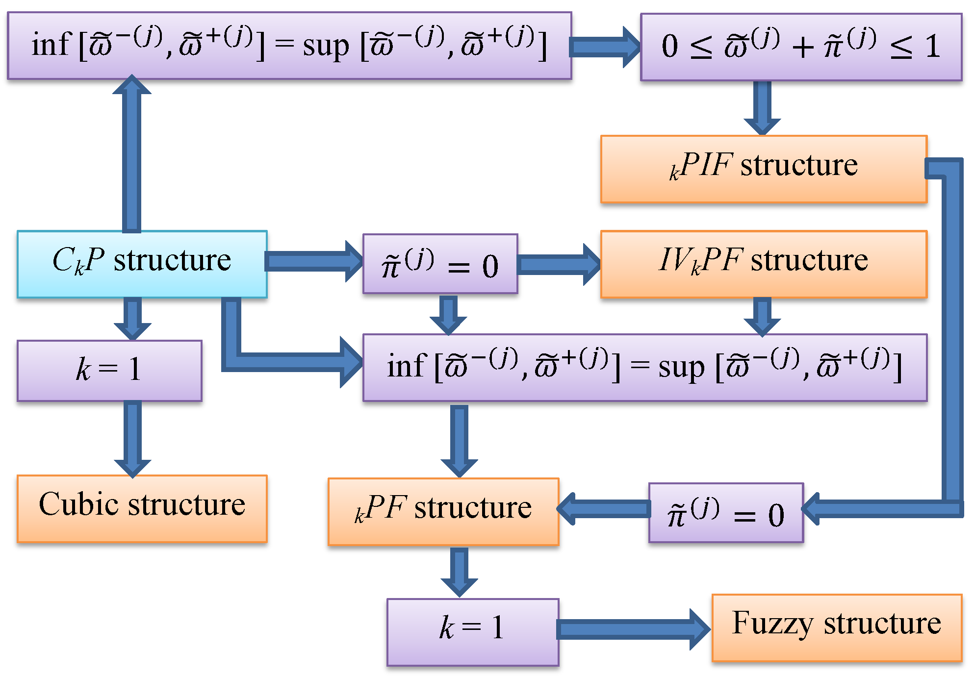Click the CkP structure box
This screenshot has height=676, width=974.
142,264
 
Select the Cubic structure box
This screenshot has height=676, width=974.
142,508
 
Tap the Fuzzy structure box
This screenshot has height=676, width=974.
836,628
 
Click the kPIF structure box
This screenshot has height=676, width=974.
763,169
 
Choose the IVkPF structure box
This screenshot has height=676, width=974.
763,264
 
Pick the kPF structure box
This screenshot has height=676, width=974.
443,511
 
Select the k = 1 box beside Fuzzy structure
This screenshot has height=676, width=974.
472,632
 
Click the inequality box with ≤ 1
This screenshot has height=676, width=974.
800,47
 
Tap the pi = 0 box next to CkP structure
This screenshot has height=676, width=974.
440,264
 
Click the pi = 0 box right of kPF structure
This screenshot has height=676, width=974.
725,513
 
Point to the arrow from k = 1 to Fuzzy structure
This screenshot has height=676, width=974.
633,629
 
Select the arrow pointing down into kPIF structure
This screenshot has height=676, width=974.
762,108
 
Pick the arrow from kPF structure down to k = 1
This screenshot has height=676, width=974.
459,571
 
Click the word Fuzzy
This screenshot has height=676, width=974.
773,624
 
